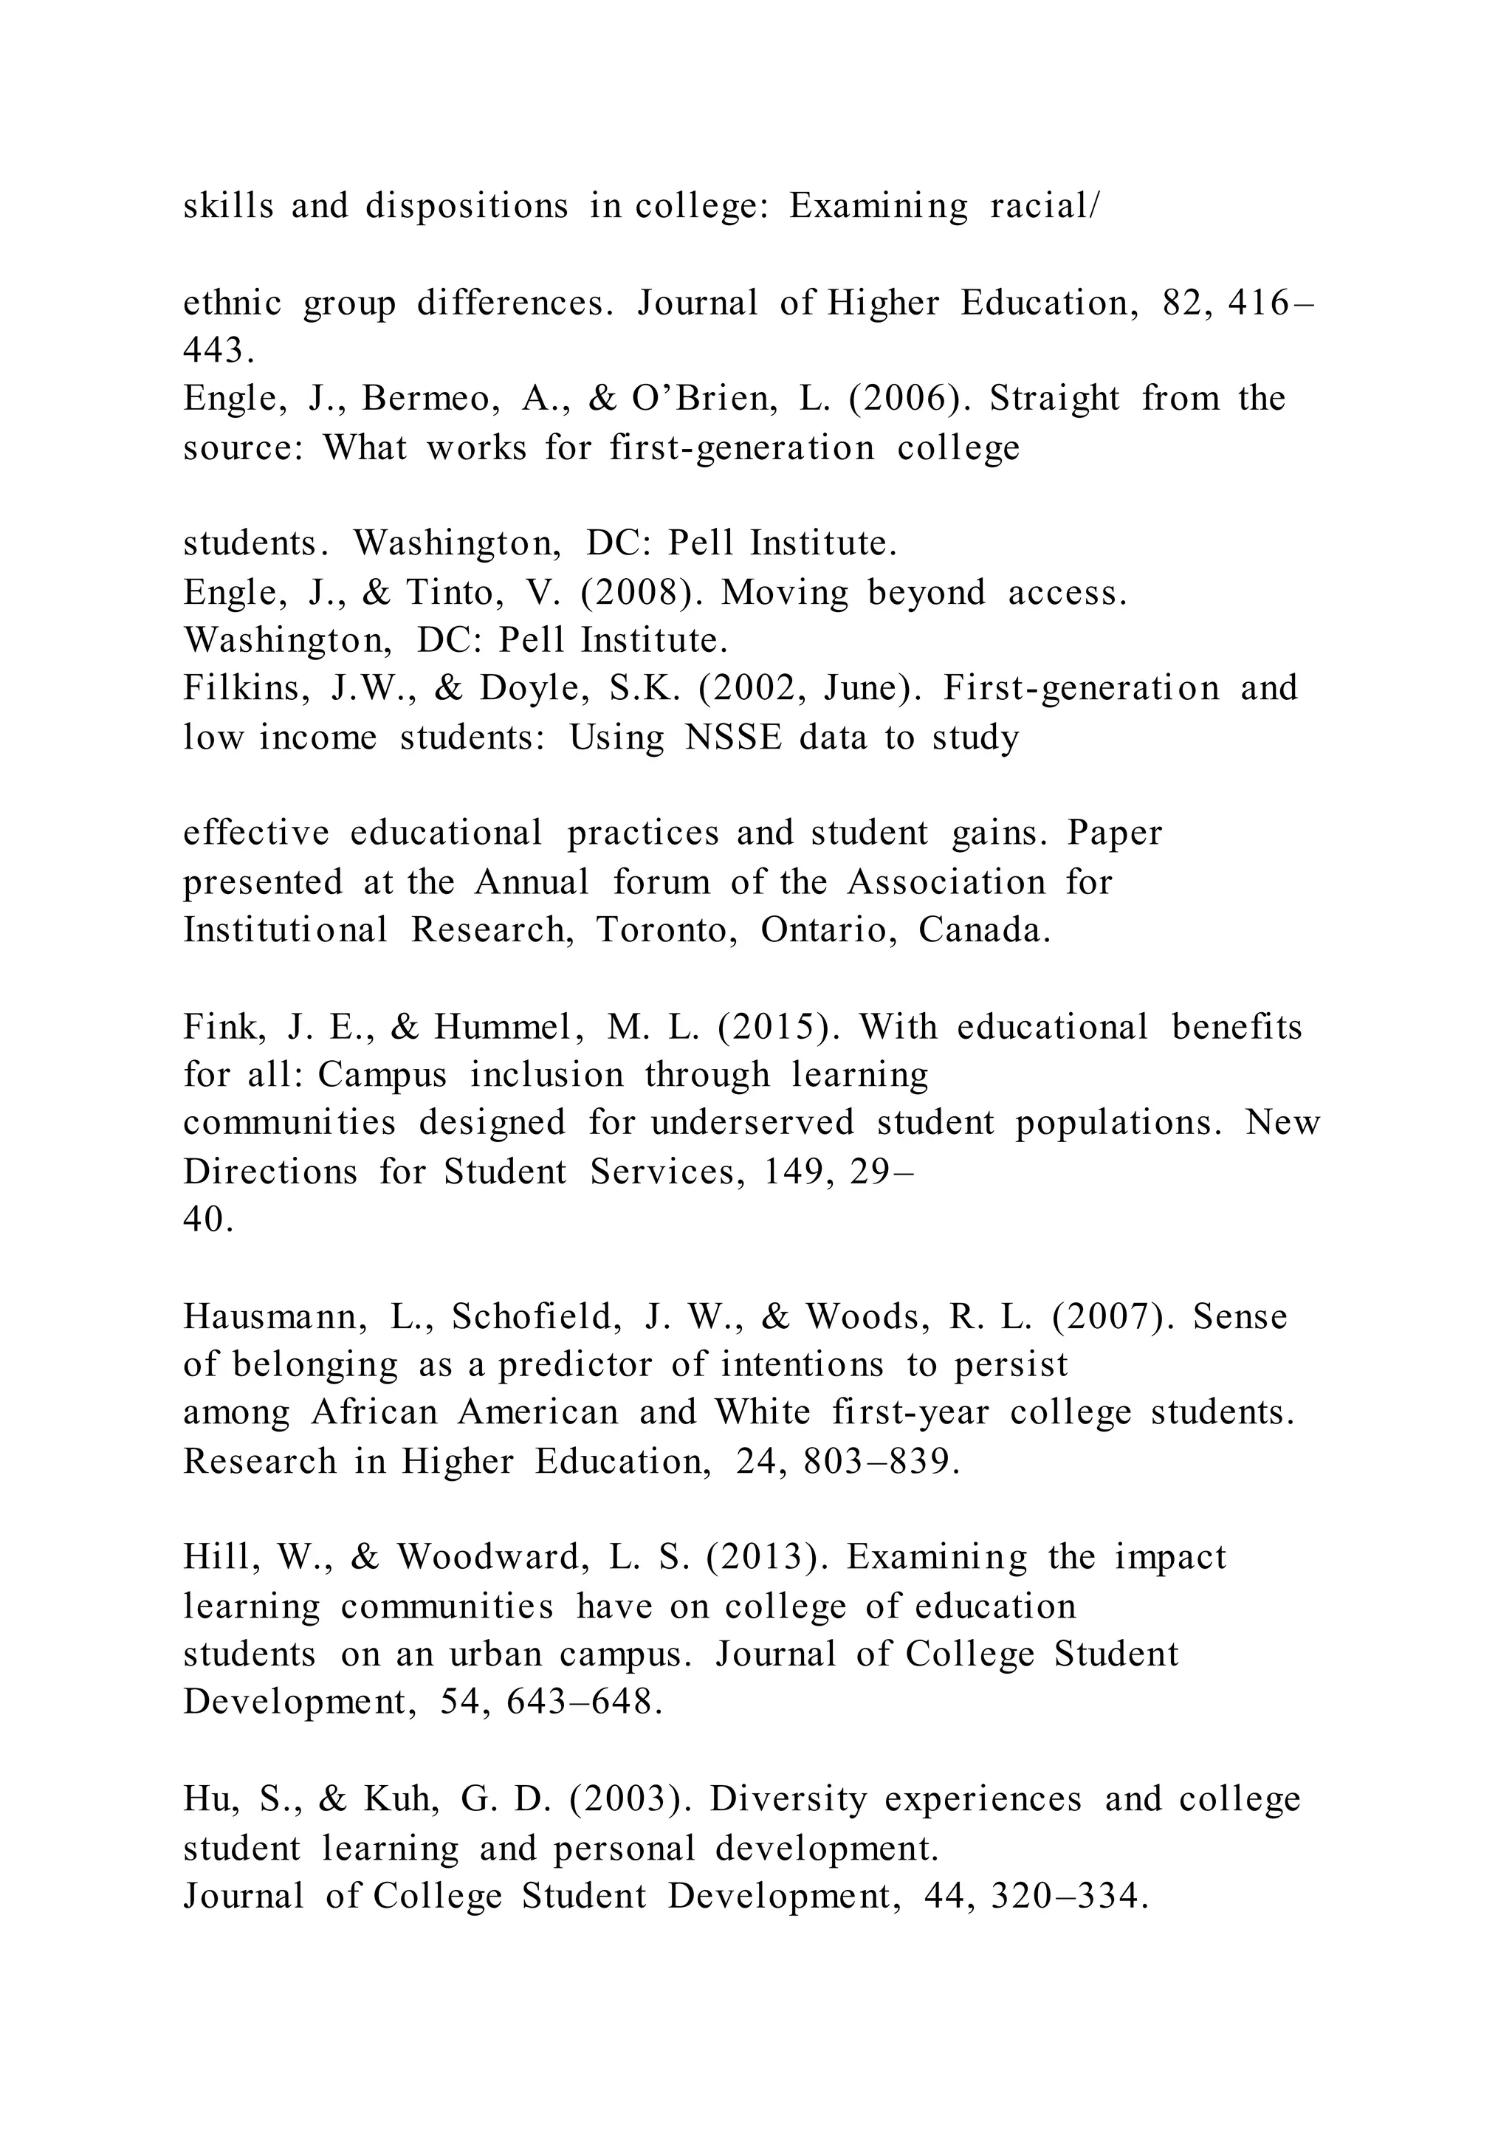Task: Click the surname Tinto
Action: point(454,592)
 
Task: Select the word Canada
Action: point(984,929)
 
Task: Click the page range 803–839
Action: point(881,1461)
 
